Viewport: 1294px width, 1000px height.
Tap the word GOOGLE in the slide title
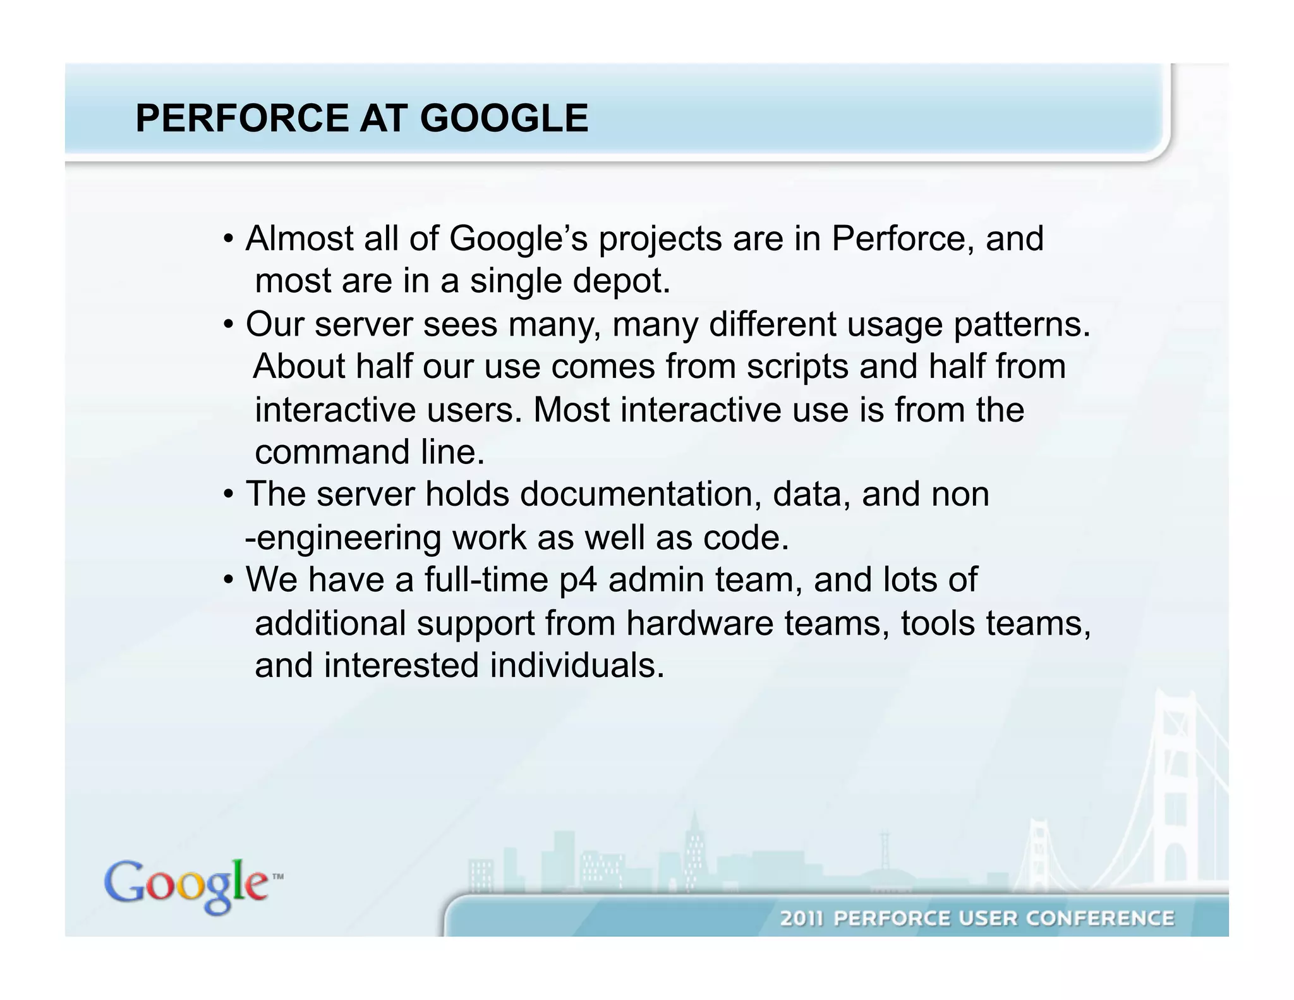[x=504, y=118]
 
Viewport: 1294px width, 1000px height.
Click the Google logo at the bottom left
[x=186, y=886]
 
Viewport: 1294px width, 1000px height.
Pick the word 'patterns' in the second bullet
[x=1017, y=326]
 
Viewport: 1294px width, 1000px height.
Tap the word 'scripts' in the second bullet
[x=797, y=367]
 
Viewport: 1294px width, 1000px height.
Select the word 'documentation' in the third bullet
[x=641, y=494]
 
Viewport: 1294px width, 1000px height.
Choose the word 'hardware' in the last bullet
[x=699, y=624]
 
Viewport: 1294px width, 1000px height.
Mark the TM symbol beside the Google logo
[x=277, y=877]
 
